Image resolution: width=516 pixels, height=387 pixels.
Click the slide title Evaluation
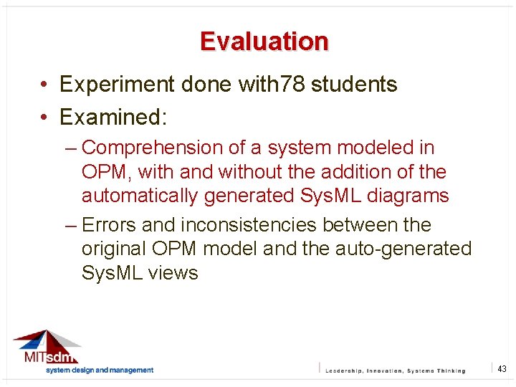click(x=264, y=42)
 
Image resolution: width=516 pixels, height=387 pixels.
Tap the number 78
click(x=292, y=85)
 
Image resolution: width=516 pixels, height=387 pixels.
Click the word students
click(x=355, y=85)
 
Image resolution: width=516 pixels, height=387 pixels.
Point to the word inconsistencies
click(x=248, y=225)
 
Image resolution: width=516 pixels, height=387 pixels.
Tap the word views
click(x=173, y=273)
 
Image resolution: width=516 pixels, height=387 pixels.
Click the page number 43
click(x=502, y=368)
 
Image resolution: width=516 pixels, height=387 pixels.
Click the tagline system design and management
click(x=100, y=370)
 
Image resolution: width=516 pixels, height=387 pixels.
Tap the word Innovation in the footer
click(x=384, y=371)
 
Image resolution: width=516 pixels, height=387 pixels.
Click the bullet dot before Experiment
click(x=44, y=85)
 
